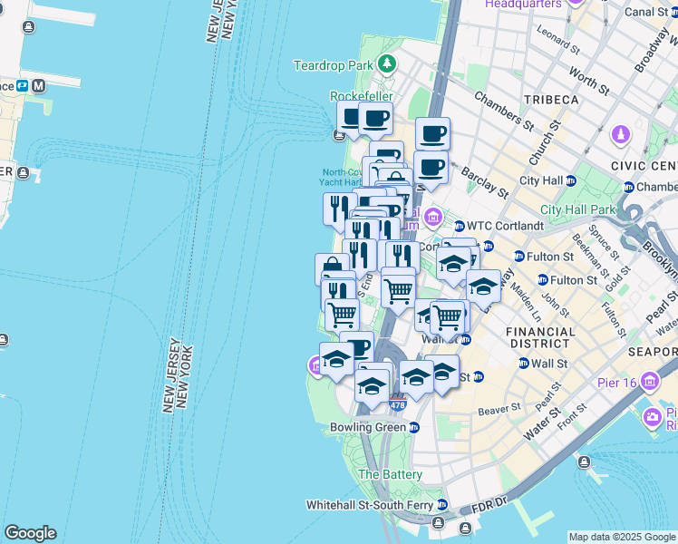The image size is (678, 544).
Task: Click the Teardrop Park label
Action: click(333, 65)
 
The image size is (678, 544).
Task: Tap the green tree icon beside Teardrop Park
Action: click(387, 63)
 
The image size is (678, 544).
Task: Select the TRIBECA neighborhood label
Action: click(550, 99)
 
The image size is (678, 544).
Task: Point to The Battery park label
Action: click(391, 474)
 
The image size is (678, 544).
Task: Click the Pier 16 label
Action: click(619, 382)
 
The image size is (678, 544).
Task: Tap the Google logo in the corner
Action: click(30, 533)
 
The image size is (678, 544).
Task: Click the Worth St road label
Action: click(590, 82)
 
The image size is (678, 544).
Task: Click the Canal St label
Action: click(645, 12)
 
